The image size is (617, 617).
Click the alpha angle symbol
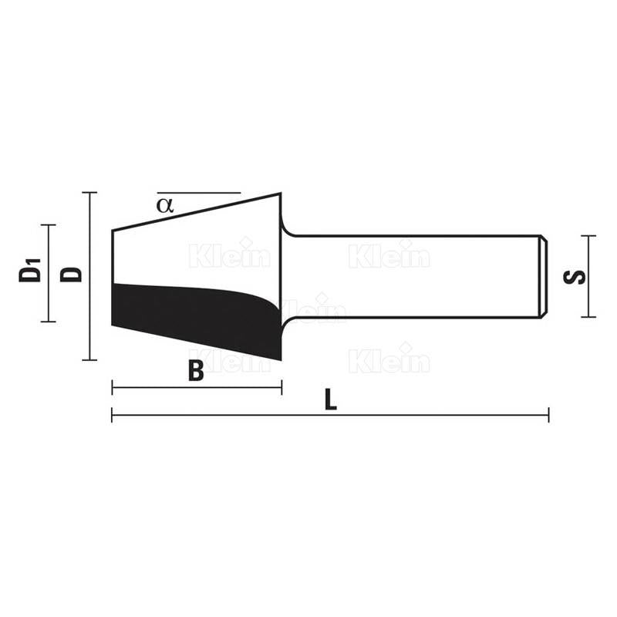pos(164,205)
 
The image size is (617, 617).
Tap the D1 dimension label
pos(30,270)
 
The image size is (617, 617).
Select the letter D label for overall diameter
pos(71,275)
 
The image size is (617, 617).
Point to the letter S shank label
pos(574,277)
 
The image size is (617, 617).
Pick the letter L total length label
pos(331,400)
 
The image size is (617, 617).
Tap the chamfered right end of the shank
pos(544,276)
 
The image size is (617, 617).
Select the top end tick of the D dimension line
pos(89,192)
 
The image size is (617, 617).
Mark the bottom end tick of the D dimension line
pos(89,359)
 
